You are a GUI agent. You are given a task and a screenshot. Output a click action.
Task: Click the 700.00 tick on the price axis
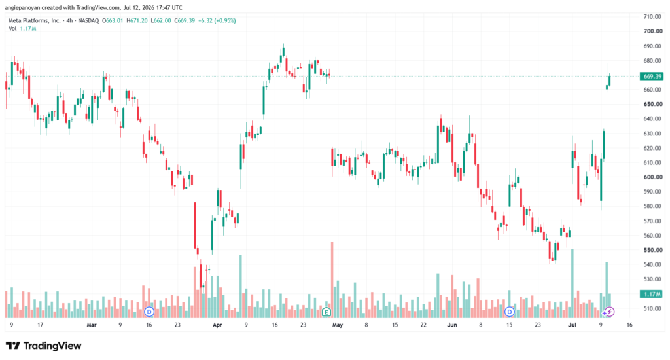pos(653,31)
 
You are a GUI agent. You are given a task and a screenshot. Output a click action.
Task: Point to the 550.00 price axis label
pos(653,250)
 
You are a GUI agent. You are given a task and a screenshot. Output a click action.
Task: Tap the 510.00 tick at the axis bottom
pos(653,308)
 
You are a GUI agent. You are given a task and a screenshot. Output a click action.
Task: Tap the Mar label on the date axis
pos(92,325)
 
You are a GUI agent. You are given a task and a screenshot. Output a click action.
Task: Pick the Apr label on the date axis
pos(217,325)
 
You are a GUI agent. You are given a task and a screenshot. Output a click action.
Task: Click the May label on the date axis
pos(338,325)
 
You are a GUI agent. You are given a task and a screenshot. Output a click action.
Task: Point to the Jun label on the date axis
pos(452,325)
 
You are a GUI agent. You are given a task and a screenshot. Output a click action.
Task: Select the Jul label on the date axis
pos(572,325)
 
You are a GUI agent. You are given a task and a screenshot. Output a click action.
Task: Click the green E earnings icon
pos(326,312)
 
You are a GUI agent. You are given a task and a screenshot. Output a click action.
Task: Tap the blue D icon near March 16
pos(149,312)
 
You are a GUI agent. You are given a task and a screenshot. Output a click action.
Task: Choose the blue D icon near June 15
pos(509,312)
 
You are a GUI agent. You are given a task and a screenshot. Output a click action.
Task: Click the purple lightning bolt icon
pos(610,312)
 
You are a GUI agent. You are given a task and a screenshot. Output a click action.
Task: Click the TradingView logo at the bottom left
pos(43,346)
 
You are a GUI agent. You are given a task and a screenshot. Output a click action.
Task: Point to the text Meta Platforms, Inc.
pos(35,20)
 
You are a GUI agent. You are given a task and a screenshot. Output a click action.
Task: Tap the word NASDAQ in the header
pos(88,20)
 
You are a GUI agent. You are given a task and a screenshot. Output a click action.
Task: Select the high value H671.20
pos(137,20)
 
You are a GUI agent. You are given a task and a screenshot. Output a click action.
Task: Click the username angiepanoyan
pos(22,8)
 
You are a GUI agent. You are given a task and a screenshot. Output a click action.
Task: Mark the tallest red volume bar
pos(332,279)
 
